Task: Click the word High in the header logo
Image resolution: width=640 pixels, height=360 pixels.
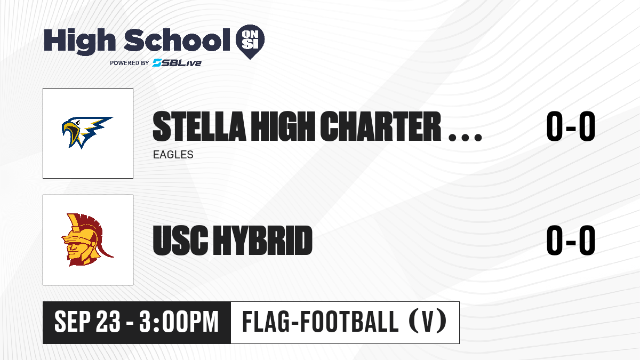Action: point(79,42)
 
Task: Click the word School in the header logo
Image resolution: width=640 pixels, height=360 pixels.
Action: point(177,40)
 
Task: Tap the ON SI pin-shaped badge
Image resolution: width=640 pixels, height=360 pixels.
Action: point(250,42)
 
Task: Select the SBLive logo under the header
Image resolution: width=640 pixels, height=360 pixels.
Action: point(177,62)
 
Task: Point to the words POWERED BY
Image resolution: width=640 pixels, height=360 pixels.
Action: point(130,63)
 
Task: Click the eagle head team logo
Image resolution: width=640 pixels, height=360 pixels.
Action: point(87,133)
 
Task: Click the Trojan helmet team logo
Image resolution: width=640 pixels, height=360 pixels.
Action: point(87,239)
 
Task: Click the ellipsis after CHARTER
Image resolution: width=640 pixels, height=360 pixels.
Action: point(466,138)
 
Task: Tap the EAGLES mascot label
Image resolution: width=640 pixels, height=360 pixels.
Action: point(173,155)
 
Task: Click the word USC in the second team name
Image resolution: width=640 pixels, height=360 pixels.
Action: point(181,240)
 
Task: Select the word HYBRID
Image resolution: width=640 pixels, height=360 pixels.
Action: point(263,240)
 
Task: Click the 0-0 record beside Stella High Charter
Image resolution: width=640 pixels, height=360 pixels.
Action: point(571,126)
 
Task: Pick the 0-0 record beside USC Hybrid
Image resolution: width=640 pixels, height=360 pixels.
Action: point(571,240)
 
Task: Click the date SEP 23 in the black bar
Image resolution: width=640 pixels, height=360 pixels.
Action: point(87,322)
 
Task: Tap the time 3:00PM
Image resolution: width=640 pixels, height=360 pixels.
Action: point(179,322)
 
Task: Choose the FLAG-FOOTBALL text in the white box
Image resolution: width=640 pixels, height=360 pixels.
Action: point(321,322)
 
